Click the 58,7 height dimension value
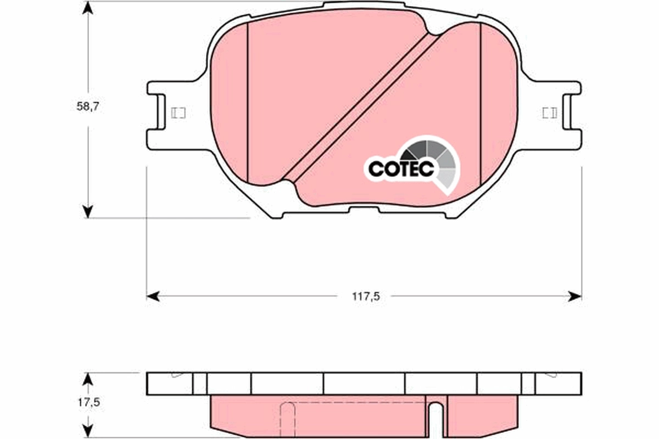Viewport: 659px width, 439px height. (x=87, y=107)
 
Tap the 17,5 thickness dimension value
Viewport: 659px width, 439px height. (x=88, y=402)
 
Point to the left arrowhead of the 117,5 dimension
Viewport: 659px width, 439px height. (x=153, y=296)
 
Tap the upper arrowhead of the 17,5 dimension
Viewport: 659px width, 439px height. (x=87, y=379)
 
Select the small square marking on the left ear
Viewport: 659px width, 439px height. (x=178, y=113)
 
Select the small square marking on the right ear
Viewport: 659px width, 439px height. (x=549, y=113)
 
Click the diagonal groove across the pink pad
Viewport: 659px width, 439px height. (x=360, y=107)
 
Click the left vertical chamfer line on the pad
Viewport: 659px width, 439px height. (x=248, y=104)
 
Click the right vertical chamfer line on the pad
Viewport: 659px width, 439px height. (x=481, y=104)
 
